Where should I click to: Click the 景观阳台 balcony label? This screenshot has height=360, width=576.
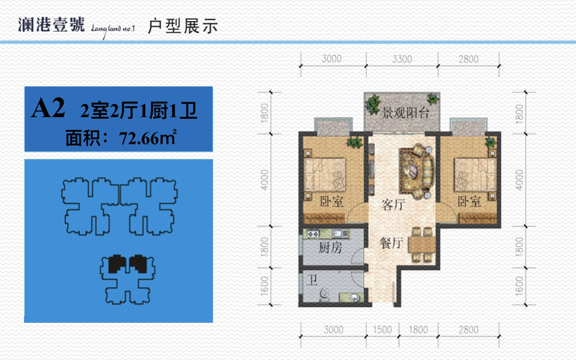click(x=406, y=113)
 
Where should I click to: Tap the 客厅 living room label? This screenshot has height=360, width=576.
click(x=394, y=205)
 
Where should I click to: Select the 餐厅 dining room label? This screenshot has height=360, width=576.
click(x=391, y=243)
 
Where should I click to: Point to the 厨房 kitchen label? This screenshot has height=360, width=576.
click(x=330, y=248)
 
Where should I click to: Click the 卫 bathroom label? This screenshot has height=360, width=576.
click(x=312, y=280)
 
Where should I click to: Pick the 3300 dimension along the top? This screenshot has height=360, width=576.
click(x=402, y=59)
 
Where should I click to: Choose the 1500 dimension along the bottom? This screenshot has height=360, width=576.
click(x=382, y=329)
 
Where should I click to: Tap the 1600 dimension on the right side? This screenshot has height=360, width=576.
click(x=519, y=286)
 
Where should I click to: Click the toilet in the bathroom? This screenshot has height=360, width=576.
click(x=325, y=294)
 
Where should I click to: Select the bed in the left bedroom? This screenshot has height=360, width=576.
click(x=325, y=175)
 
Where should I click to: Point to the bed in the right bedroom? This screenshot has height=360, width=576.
click(x=475, y=175)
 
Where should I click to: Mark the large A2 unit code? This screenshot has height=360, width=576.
click(x=48, y=108)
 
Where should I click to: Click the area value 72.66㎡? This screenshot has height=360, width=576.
click(x=148, y=137)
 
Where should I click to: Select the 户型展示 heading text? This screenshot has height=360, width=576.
click(x=182, y=26)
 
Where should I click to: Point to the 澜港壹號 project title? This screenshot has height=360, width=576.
click(x=52, y=25)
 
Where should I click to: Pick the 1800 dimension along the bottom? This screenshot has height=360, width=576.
click(x=418, y=329)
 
